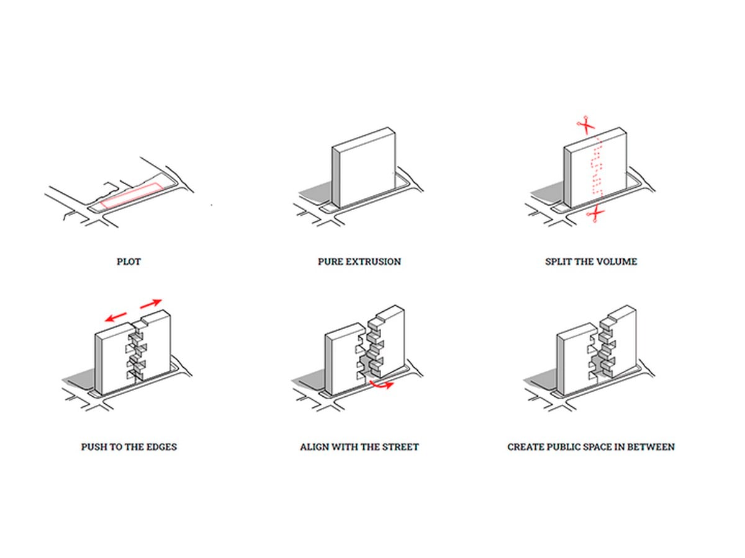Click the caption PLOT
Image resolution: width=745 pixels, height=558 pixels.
point(129,262)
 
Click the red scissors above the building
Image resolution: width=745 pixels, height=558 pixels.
point(586,125)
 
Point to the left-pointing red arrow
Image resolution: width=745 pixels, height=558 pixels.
point(115,317)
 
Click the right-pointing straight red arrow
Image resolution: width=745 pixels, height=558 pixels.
point(151,303)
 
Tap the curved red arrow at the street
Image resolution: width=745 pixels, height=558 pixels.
point(381,385)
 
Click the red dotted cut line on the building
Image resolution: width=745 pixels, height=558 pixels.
point(597,166)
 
